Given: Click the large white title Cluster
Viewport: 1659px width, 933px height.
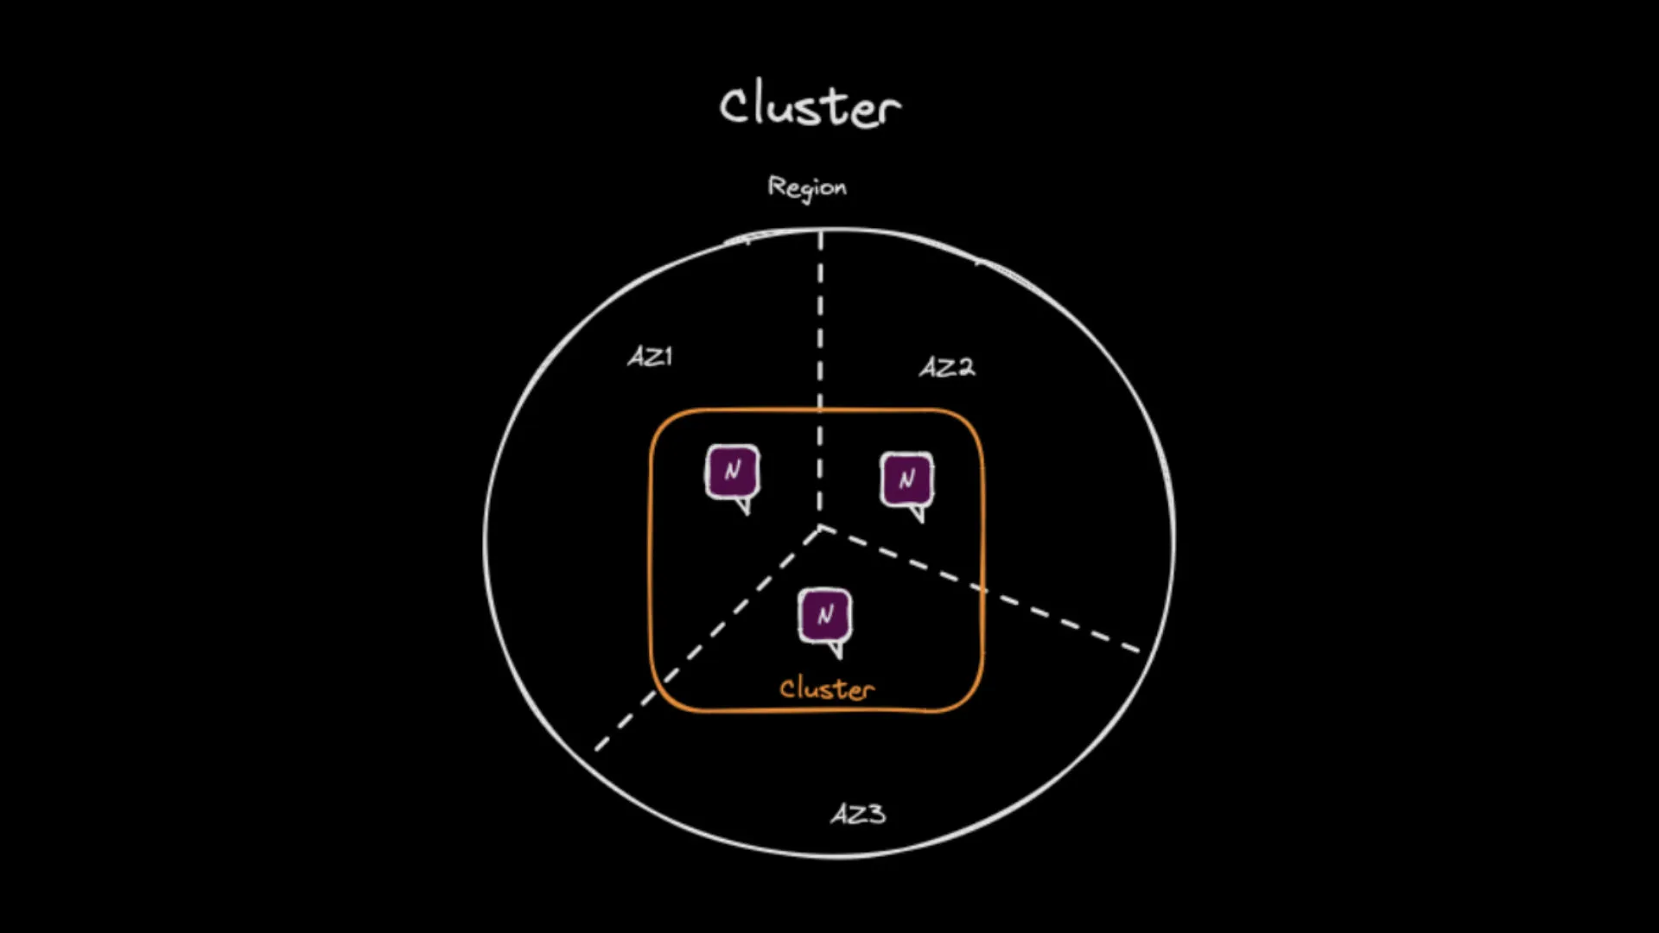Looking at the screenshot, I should click(810, 106).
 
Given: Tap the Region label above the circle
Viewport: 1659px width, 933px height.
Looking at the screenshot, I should click(807, 187).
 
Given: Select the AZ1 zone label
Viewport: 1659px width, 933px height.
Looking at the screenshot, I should click(650, 356).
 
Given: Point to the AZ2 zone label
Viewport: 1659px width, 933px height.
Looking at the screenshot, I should click(947, 367).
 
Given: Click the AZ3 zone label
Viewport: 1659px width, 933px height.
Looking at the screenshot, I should click(858, 814).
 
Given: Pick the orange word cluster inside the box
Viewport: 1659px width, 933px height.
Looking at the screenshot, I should click(827, 689).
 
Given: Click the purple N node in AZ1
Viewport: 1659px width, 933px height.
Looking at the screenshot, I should click(733, 472).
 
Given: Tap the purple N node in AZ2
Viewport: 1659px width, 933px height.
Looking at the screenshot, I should click(906, 479).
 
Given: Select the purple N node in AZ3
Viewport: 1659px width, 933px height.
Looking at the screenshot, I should click(825, 615).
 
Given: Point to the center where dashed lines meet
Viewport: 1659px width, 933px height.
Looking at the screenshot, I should click(821, 528).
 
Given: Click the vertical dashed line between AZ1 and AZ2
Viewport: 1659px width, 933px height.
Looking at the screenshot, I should click(821, 346).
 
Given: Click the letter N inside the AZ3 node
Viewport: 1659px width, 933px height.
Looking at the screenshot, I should click(825, 615).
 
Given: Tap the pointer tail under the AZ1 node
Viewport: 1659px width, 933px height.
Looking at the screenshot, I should click(743, 507).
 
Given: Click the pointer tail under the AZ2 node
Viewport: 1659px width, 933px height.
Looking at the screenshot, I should click(918, 515).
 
